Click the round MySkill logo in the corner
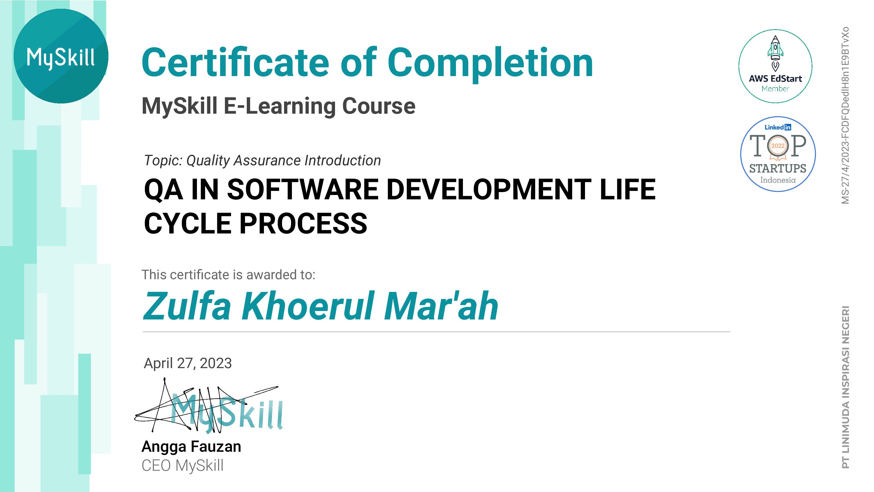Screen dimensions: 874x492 coord(61,56)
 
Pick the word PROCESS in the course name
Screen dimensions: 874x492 coord(304,224)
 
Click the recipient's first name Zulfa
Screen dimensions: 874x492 coord(187,306)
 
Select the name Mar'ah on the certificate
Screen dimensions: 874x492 coord(441,306)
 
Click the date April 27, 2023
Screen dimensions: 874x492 coord(188,363)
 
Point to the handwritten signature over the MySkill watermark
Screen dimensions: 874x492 coord(207,406)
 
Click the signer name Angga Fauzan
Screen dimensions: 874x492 coord(191,447)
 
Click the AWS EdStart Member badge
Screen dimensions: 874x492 coord(775,66)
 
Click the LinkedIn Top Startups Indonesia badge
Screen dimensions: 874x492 coord(778,154)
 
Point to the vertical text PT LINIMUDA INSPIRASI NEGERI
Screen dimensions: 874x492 coord(845,387)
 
